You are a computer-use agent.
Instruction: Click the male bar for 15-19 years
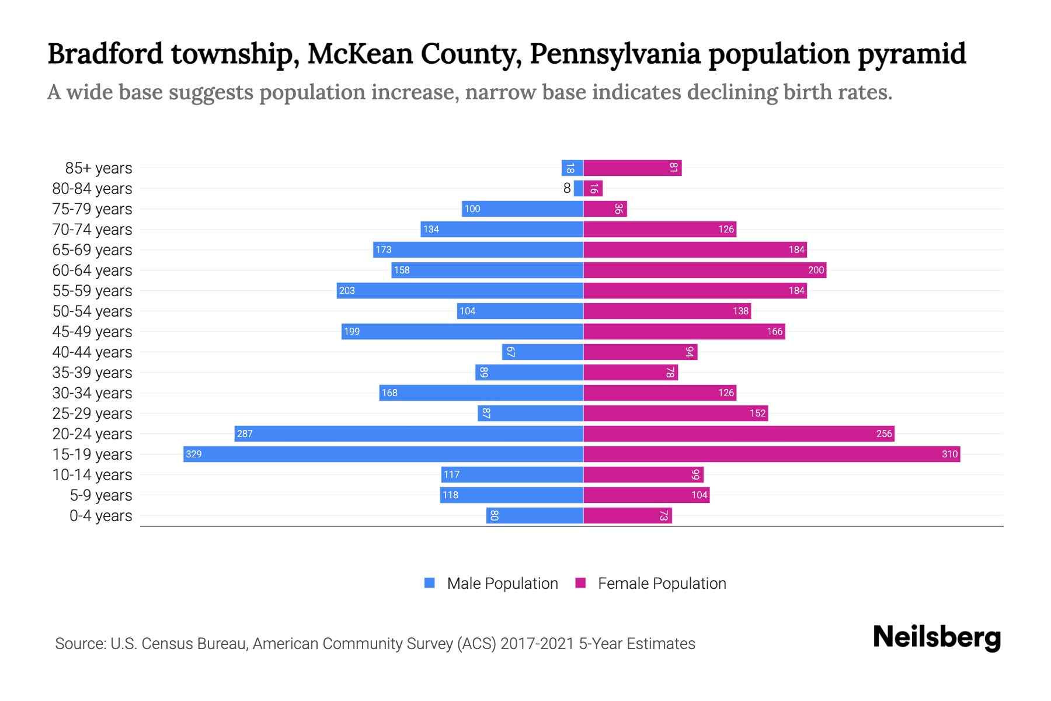(x=383, y=454)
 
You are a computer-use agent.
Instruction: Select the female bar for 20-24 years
(x=739, y=433)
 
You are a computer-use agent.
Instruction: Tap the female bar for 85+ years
(x=632, y=168)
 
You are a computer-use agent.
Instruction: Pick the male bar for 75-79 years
(x=523, y=209)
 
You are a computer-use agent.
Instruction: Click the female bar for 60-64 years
(x=705, y=270)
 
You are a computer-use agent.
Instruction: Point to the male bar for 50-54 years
(x=520, y=311)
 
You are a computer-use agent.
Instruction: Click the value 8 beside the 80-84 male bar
(x=567, y=188)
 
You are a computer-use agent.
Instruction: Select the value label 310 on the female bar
(x=949, y=454)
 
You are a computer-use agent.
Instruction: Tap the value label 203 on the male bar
(x=347, y=290)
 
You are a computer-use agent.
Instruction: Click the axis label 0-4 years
(x=100, y=516)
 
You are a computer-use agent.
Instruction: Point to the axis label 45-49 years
(x=92, y=332)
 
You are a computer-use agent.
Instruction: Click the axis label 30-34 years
(x=92, y=393)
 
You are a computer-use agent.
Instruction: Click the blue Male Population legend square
(x=430, y=583)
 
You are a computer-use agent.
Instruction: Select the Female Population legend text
(x=662, y=584)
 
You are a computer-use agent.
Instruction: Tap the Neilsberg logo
(x=937, y=637)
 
